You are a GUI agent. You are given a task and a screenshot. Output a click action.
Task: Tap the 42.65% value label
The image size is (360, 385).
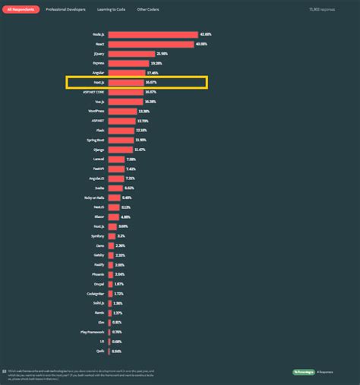coord(205,34)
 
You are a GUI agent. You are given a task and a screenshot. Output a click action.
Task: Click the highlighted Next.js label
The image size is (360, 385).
coord(99,82)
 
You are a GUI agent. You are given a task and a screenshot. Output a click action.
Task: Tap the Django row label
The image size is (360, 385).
coord(99,150)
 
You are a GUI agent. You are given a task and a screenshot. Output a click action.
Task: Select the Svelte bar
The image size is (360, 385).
coord(115,188)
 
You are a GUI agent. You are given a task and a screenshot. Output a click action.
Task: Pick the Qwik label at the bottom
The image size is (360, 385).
coord(100,351)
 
